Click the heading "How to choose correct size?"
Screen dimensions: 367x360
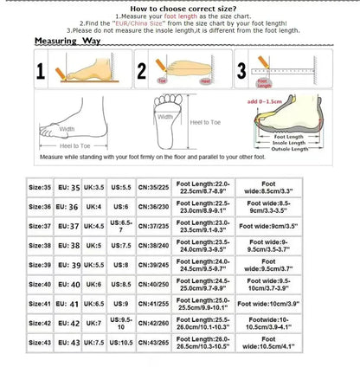click(x=179, y=7)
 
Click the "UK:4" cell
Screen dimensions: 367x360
click(x=94, y=207)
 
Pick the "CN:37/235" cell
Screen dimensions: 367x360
click(x=154, y=227)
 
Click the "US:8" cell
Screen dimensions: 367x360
click(x=122, y=265)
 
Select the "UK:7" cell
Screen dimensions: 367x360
click(x=94, y=324)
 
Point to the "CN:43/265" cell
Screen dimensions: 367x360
click(x=154, y=344)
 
